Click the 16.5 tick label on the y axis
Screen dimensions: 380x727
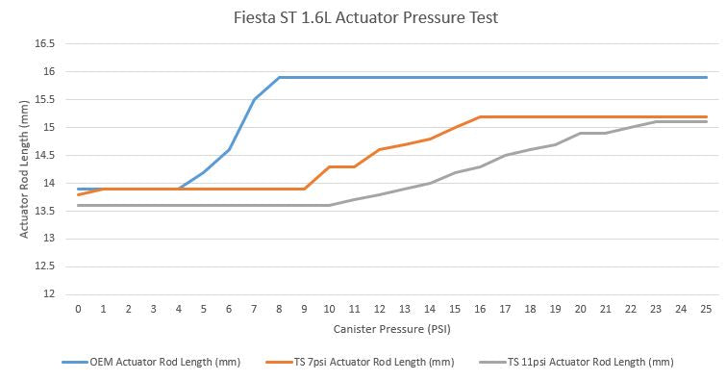point(44,44)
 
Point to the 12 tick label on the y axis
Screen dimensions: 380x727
point(48,294)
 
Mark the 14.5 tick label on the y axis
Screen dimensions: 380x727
point(44,155)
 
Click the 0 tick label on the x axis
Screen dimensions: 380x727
point(78,310)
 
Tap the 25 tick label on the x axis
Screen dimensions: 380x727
point(706,310)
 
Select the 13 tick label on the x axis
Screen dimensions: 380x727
point(405,310)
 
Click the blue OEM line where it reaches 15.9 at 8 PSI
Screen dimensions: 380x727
point(279,77)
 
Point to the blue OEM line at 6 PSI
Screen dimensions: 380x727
point(229,149)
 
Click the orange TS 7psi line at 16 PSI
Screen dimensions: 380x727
point(480,116)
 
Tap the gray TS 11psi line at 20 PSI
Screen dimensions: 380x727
point(581,133)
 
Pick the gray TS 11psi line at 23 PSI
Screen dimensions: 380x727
point(656,122)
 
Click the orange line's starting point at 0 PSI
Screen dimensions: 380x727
point(78,194)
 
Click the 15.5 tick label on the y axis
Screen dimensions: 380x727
point(44,99)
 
